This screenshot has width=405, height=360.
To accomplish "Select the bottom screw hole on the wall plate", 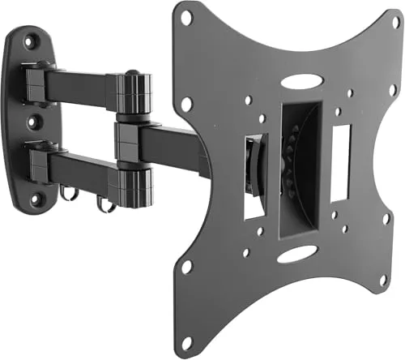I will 33,196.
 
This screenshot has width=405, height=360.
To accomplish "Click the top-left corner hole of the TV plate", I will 186,17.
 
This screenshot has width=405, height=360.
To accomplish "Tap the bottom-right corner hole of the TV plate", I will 383,281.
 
